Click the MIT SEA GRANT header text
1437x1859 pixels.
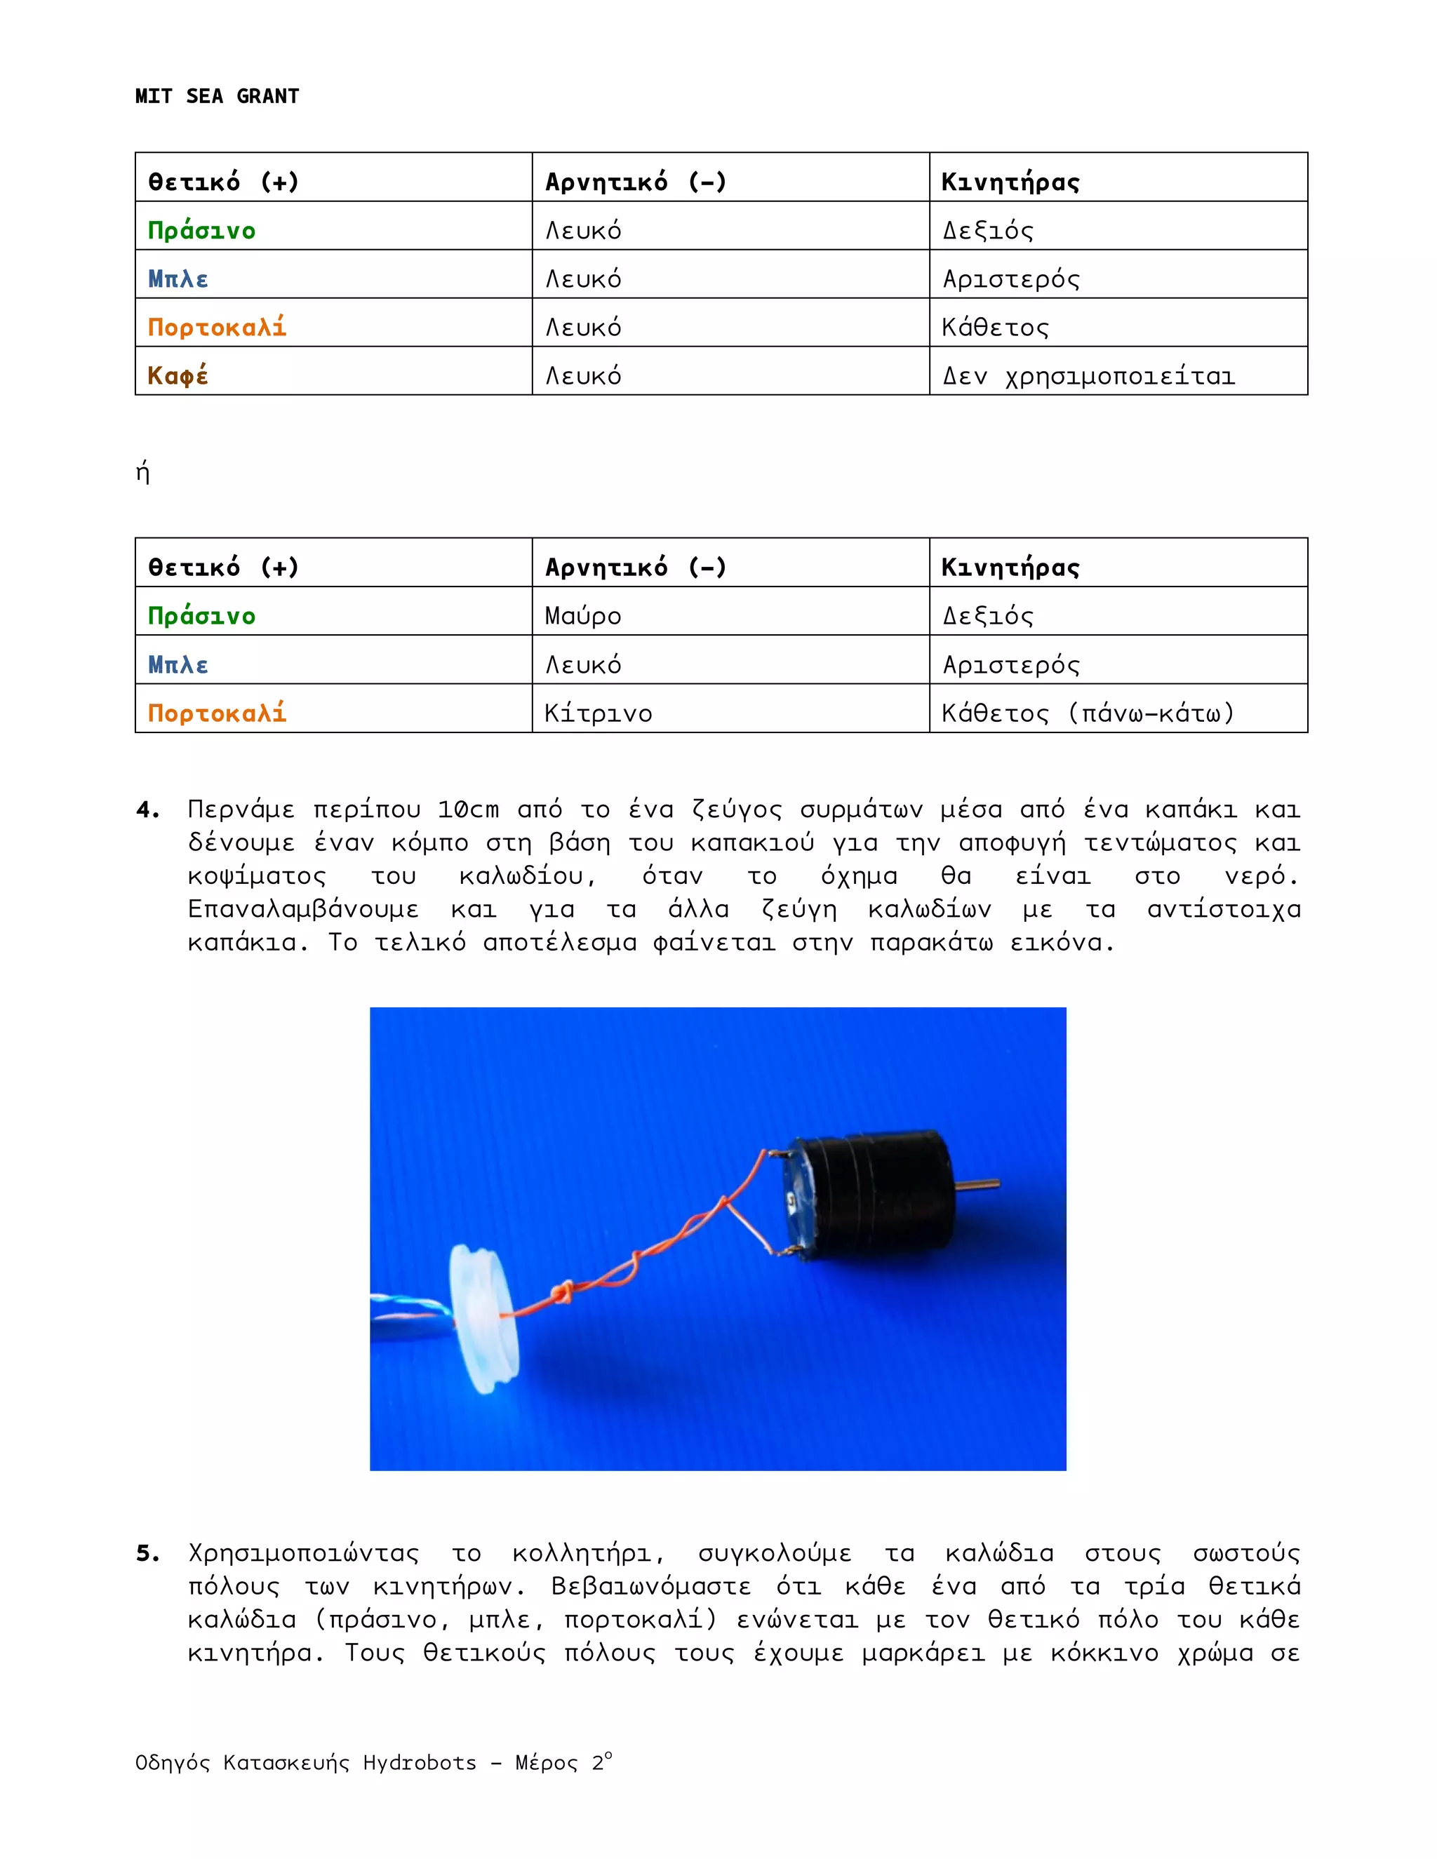(216, 96)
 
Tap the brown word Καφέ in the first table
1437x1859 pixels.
(178, 375)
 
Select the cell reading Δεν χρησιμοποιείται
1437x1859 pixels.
(1088, 375)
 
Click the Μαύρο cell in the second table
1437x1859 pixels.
(583, 615)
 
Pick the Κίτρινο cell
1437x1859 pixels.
(598, 713)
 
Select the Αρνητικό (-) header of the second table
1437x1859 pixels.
(635, 567)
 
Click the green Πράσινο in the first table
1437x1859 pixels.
(202, 230)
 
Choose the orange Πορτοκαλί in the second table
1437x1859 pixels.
(217, 713)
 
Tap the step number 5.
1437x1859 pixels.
(147, 1552)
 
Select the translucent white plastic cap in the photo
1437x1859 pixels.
(483, 1320)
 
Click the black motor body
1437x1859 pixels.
(877, 1192)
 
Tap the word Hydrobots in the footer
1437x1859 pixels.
(419, 1762)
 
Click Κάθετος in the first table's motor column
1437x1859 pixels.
(994, 327)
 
